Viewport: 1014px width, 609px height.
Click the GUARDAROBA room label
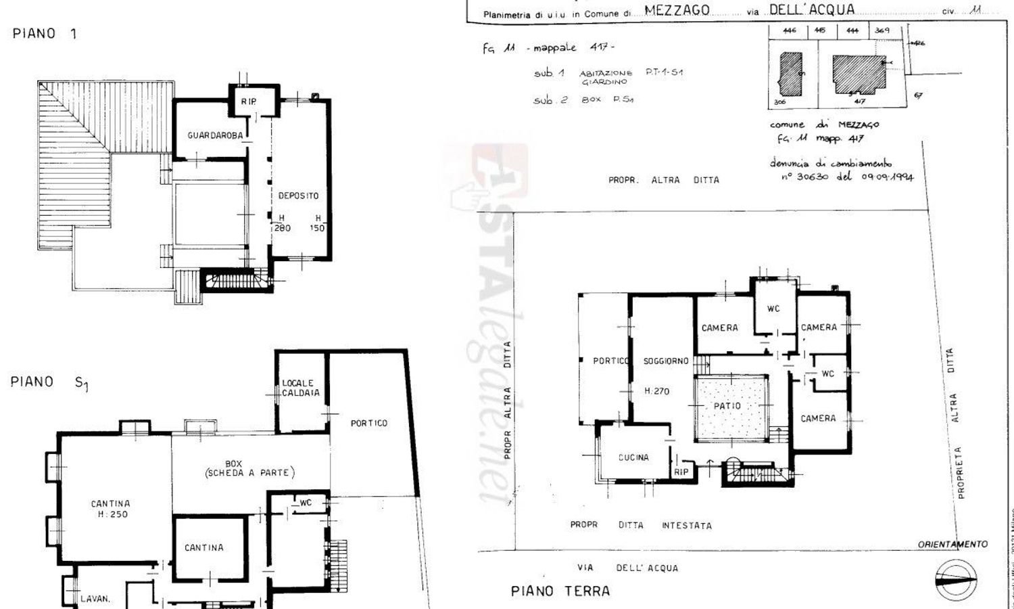point(215,135)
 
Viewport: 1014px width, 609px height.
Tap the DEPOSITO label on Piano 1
point(298,196)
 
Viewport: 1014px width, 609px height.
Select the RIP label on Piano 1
point(249,101)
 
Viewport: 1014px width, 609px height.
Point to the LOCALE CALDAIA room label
point(301,388)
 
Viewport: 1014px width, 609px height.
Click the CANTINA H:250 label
point(111,509)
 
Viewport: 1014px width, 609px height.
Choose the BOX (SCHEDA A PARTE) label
point(250,468)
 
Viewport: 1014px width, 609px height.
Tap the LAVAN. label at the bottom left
point(95,599)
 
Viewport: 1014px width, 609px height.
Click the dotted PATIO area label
point(727,406)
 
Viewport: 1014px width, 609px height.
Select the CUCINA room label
point(633,458)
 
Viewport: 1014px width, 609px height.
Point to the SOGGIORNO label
point(666,361)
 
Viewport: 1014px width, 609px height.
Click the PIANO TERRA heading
point(560,591)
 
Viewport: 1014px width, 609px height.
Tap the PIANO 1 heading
point(45,34)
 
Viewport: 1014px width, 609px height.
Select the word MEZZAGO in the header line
point(677,10)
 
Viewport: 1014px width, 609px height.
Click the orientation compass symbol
point(956,580)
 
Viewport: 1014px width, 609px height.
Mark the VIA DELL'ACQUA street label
point(627,568)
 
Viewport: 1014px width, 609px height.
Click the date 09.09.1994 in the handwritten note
point(887,177)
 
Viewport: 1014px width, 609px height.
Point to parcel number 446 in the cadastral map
point(790,30)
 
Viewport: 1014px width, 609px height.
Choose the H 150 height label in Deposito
point(318,223)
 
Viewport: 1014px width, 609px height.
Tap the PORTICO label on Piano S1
point(369,423)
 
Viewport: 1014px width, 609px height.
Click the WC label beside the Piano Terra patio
point(827,374)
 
